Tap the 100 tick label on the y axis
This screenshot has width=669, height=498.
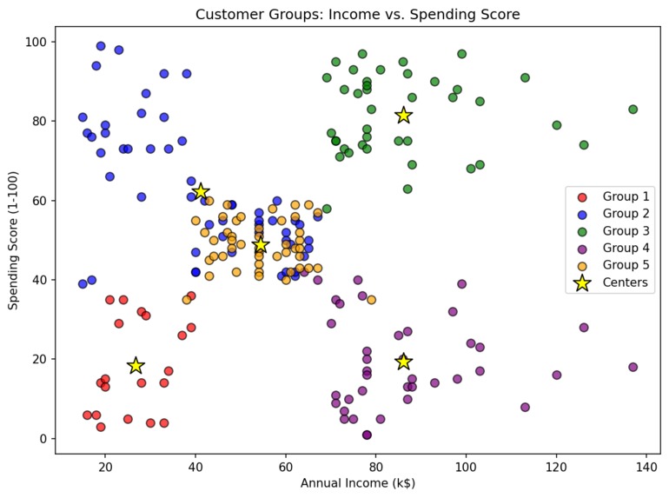(x=37, y=42)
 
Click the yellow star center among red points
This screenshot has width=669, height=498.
(x=136, y=366)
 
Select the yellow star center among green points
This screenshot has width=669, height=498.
(x=403, y=116)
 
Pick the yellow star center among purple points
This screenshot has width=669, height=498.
(x=403, y=362)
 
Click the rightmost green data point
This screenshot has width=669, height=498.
(x=633, y=110)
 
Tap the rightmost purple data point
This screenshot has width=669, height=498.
(x=633, y=368)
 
